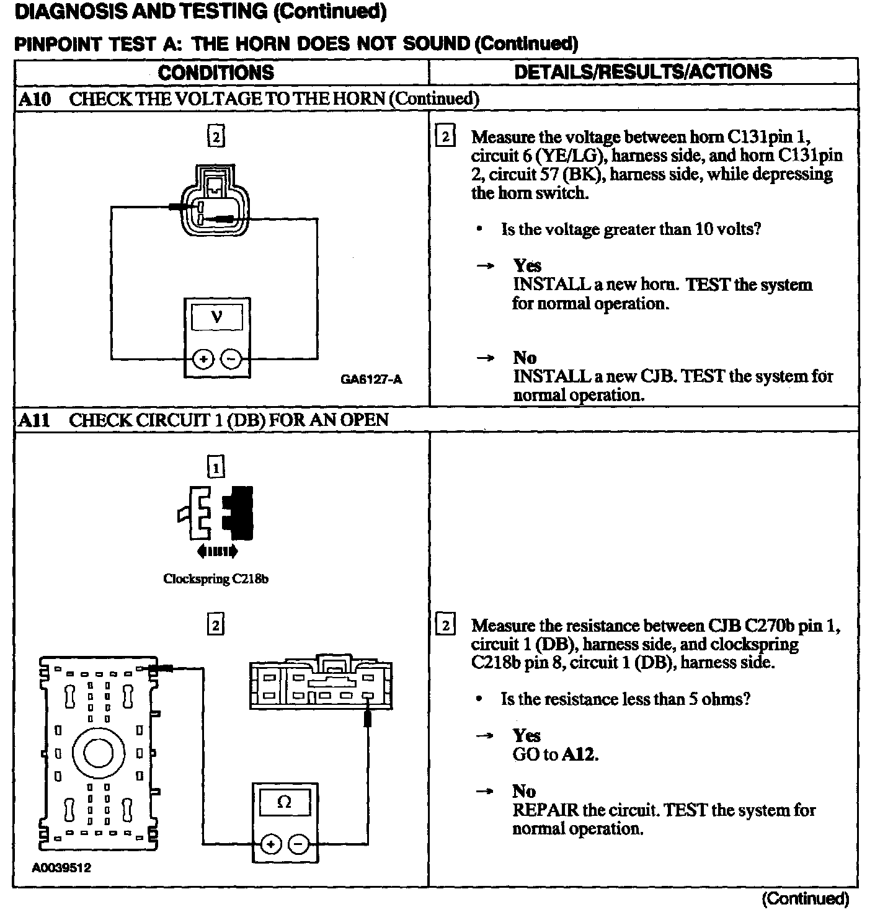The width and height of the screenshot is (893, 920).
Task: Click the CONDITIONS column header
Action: tap(216, 73)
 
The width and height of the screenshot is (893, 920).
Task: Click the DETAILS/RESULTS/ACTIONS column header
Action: tap(643, 71)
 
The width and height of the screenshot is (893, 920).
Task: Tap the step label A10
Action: tap(35, 99)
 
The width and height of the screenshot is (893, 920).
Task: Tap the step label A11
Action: tap(34, 420)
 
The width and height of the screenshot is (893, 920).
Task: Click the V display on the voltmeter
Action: tap(217, 318)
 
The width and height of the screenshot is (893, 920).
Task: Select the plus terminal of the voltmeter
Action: tap(203, 359)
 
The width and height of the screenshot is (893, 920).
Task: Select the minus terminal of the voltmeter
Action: tap(231, 359)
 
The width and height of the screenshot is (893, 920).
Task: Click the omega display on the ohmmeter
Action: tap(285, 802)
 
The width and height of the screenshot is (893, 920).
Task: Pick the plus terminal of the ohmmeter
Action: tap(271, 843)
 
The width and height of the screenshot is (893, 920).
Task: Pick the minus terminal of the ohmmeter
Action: tap(299, 843)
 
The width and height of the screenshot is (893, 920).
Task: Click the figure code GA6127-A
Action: tap(371, 379)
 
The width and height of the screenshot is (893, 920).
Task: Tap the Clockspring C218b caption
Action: tap(216, 579)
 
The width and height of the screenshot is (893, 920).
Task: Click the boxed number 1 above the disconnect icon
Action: tap(216, 466)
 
